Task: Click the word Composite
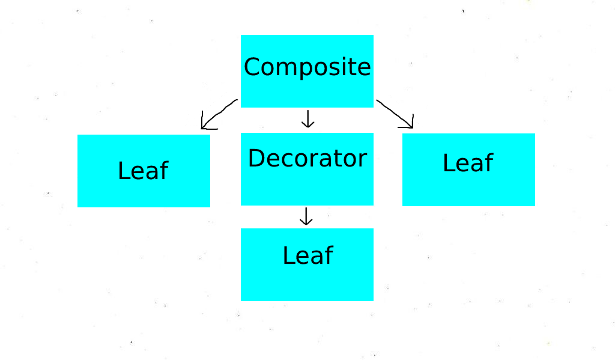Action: pyautogui.click(x=307, y=67)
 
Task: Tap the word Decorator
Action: pyautogui.click(x=307, y=159)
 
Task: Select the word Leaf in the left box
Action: pyautogui.click(x=143, y=171)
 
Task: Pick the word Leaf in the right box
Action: pyautogui.click(x=468, y=163)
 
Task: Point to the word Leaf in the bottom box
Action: pyautogui.click(x=307, y=255)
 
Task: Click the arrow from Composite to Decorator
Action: pyautogui.click(x=307, y=119)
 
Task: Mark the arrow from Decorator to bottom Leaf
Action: pyautogui.click(x=306, y=216)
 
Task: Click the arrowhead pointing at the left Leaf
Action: pyautogui.click(x=205, y=126)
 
